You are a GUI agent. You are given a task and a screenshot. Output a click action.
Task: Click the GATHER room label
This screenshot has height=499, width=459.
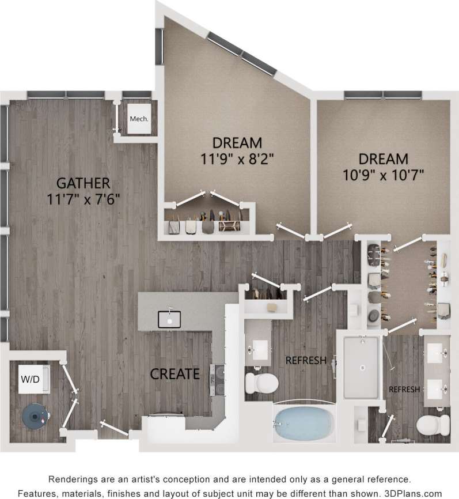(x=84, y=184)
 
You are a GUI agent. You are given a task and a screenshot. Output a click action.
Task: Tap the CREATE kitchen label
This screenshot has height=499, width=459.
(x=175, y=374)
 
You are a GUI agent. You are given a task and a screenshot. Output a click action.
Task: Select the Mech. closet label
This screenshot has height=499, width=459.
(x=139, y=119)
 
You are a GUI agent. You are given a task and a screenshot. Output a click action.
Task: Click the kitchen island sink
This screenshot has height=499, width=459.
(x=169, y=319)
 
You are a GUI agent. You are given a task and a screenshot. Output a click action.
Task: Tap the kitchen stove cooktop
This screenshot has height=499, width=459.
(x=218, y=379)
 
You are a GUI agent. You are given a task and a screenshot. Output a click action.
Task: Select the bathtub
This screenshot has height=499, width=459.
(x=304, y=424)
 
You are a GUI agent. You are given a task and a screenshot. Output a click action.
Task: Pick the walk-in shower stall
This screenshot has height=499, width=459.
(x=361, y=367)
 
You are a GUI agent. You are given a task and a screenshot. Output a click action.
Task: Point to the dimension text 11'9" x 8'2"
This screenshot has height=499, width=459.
(x=237, y=158)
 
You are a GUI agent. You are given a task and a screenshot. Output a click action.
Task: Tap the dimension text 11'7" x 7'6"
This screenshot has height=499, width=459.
(x=84, y=200)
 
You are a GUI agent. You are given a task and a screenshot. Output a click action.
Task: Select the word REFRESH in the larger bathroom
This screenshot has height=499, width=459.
(x=306, y=361)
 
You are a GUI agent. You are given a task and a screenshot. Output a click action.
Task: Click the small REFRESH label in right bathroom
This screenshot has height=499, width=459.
(x=404, y=390)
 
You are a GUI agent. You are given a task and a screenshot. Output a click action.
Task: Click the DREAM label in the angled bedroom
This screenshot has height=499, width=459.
(x=237, y=142)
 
